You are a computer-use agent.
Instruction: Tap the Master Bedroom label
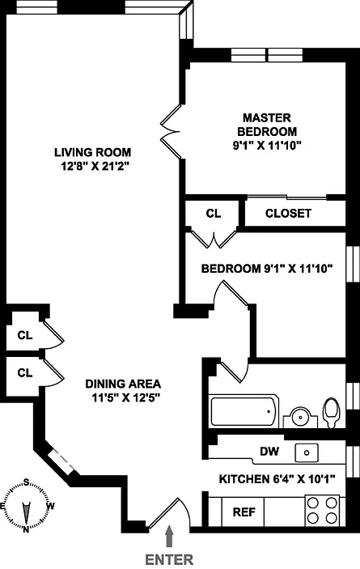(x=267, y=125)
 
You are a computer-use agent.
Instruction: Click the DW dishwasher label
(x=269, y=452)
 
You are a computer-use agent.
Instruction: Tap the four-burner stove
(x=322, y=510)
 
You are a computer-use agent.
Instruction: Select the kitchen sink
(x=307, y=452)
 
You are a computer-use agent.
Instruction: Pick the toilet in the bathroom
(x=332, y=413)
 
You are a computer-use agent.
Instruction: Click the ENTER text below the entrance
(x=169, y=559)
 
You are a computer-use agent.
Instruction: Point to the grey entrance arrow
(x=169, y=537)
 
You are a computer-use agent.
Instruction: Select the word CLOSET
(x=288, y=214)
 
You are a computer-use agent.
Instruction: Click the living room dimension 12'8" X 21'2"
(x=95, y=167)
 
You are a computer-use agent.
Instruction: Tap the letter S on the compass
(x=26, y=482)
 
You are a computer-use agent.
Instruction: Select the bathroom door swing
(x=235, y=370)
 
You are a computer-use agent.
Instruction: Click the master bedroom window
(x=267, y=55)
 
